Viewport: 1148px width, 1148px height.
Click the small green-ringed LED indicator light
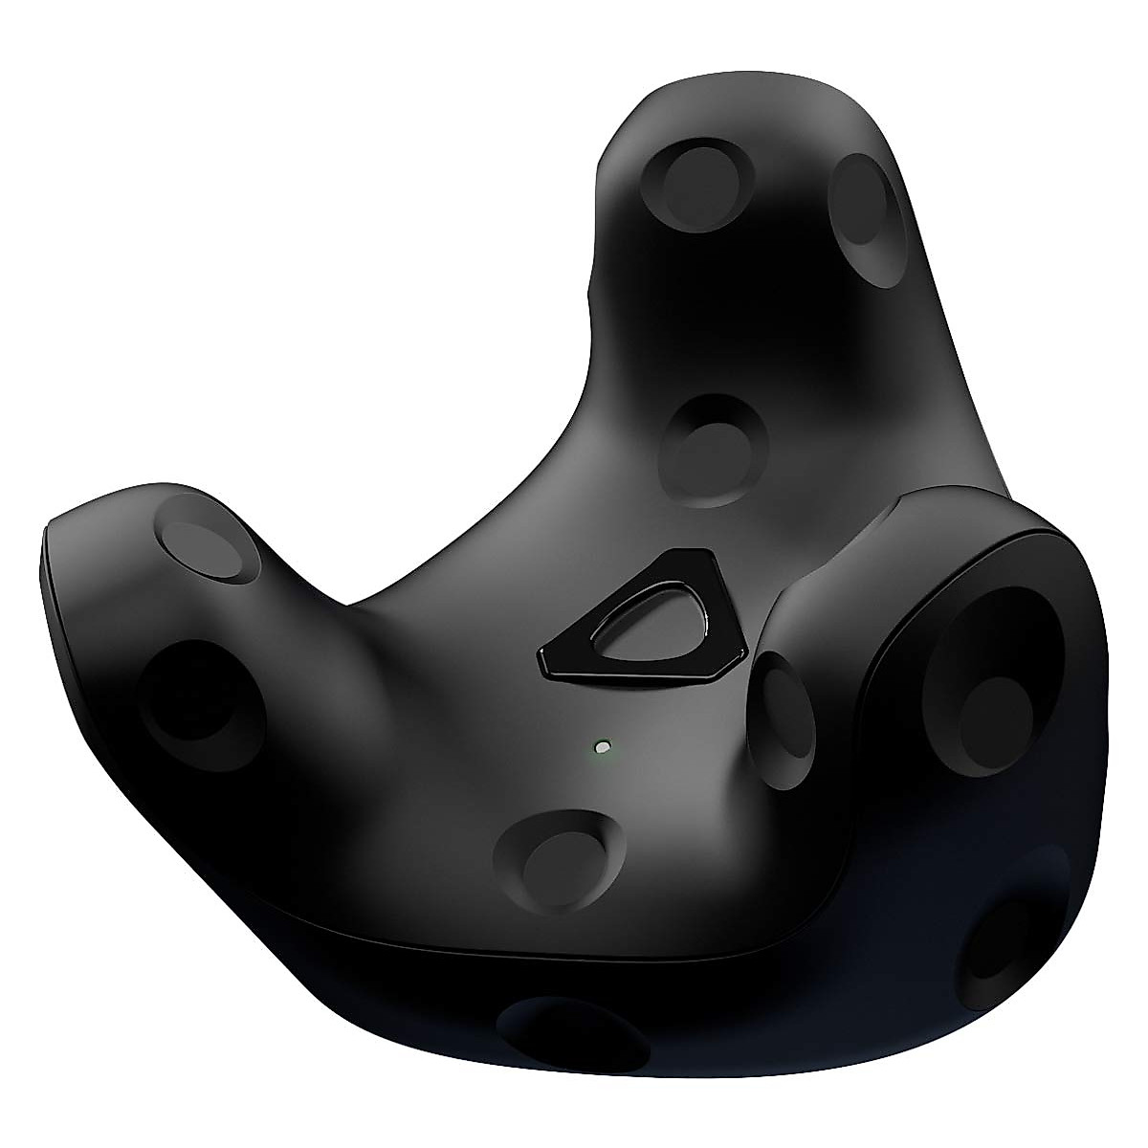click(x=601, y=745)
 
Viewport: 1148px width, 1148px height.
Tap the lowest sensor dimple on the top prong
click(x=716, y=448)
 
